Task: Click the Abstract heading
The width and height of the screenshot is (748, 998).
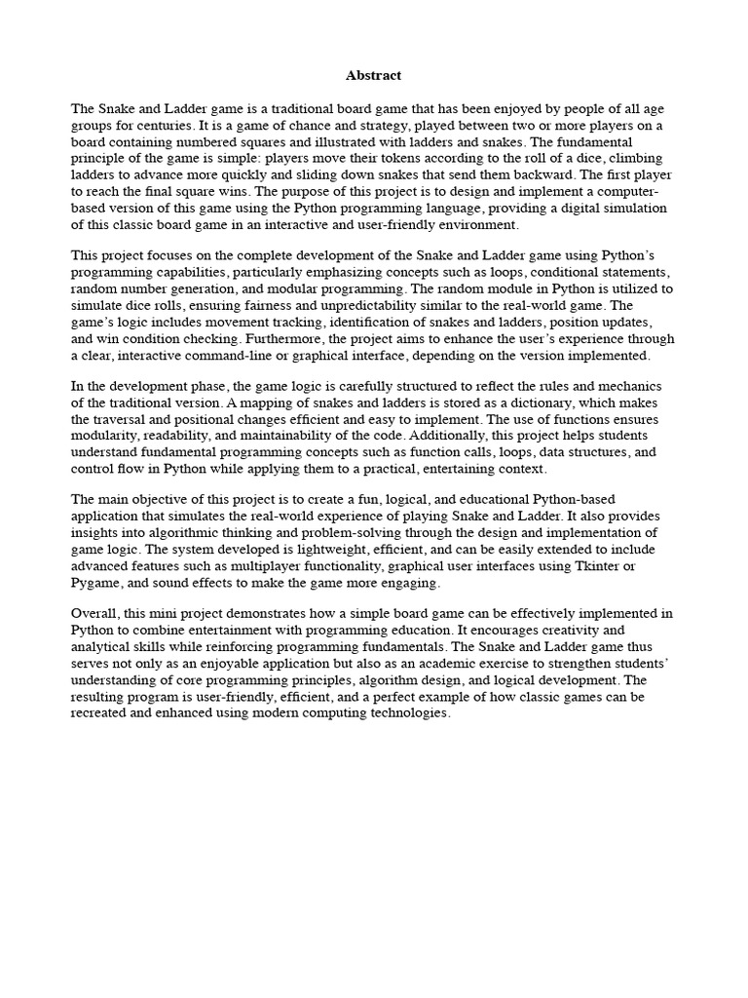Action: (373, 75)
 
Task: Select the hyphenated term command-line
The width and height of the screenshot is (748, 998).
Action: (224, 356)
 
